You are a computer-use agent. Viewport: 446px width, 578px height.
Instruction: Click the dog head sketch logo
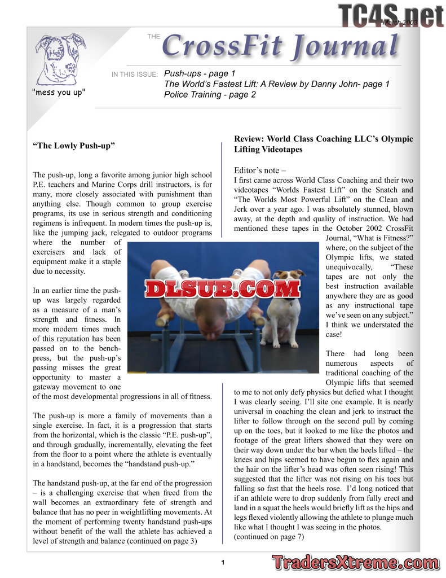point(60,58)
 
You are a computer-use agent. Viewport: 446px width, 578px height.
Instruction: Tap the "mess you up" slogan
point(59,91)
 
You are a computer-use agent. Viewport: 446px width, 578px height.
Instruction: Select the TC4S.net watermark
point(390,15)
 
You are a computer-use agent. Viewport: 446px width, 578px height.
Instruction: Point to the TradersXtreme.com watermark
point(355,562)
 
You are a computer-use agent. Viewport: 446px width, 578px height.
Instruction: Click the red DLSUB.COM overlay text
point(223,288)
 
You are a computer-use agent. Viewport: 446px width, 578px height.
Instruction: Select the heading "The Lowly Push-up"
point(74,146)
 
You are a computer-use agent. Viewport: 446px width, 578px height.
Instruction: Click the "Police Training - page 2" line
point(210,95)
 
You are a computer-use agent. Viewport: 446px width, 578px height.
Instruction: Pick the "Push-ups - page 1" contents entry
point(200,73)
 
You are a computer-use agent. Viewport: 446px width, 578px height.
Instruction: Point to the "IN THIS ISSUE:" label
point(134,75)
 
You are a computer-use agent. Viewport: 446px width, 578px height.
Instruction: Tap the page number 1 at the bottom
point(223,562)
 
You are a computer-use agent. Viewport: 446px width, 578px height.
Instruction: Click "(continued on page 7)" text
point(269,537)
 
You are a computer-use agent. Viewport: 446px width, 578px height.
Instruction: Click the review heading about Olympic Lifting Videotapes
point(323,144)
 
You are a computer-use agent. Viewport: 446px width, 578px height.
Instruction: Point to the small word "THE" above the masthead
point(153,37)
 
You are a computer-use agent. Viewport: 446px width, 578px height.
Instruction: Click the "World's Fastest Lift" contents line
point(276,84)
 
